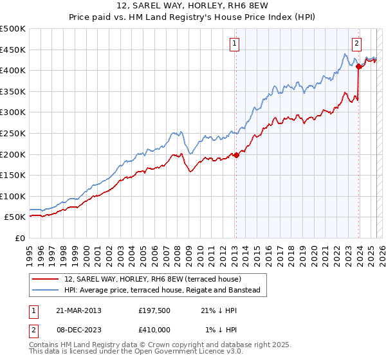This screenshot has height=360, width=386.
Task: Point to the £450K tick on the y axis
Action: [13, 50]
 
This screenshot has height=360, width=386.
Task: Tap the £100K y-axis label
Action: [13, 196]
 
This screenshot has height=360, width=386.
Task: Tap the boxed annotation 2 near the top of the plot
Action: [356, 44]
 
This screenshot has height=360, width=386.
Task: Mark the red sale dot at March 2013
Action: [236, 154]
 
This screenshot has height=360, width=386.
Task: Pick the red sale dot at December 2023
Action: [358, 66]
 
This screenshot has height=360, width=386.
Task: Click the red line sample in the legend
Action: [46, 279]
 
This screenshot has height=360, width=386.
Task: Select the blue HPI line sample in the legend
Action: [46, 290]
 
